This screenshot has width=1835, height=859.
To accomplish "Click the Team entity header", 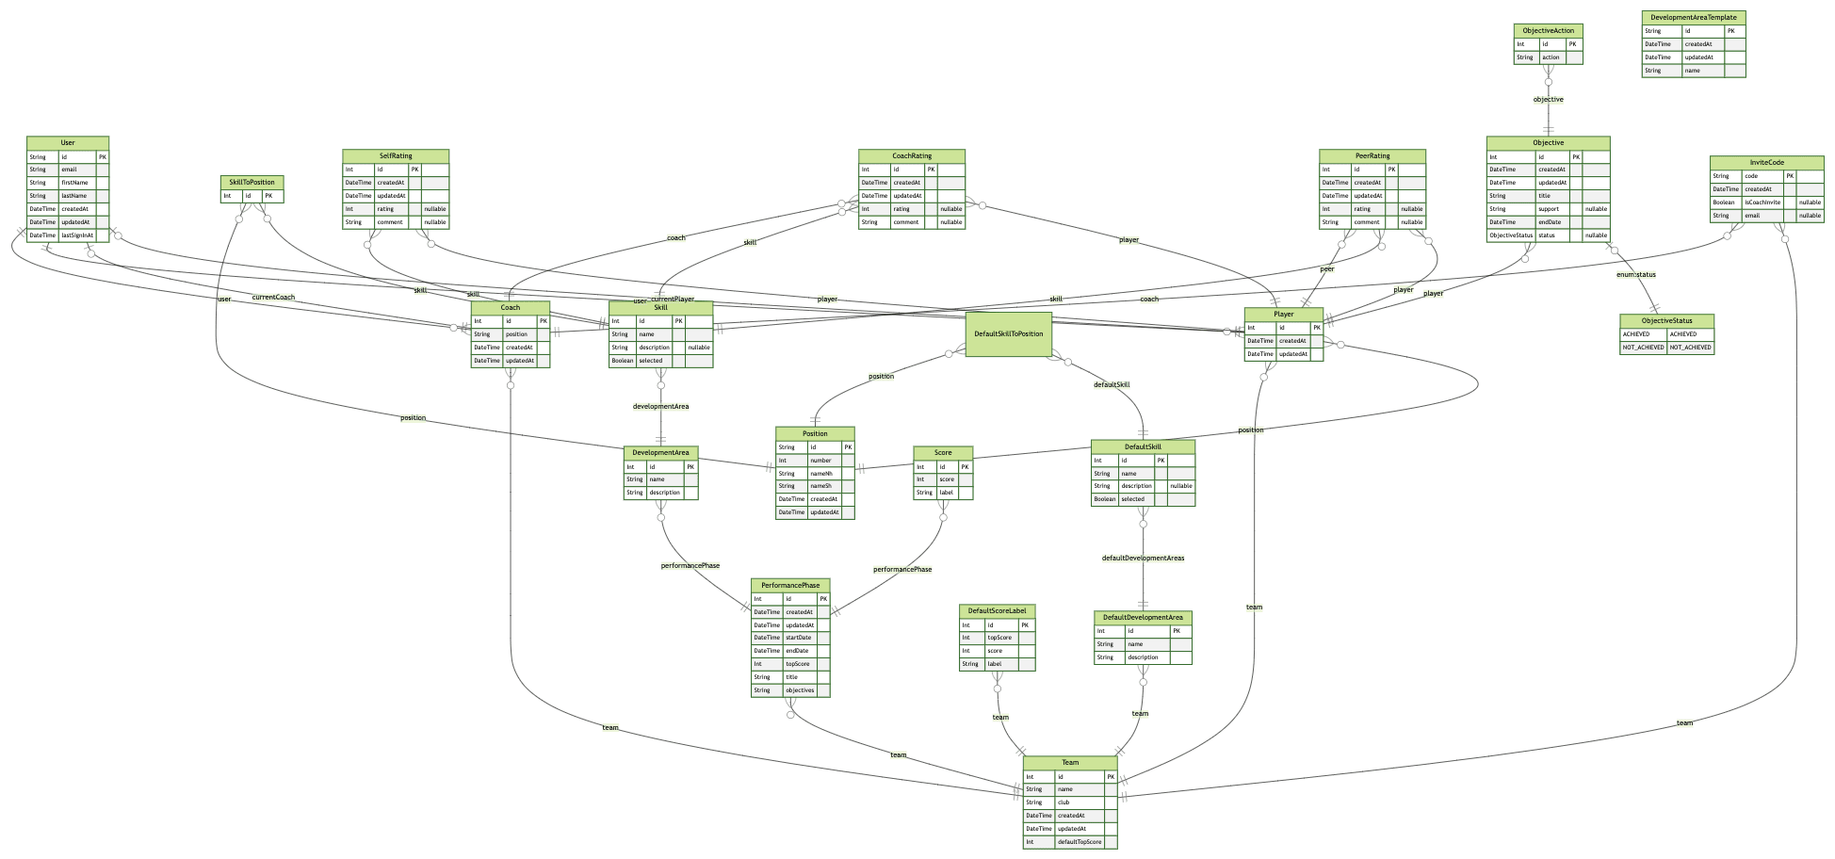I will pyautogui.click(x=1070, y=763).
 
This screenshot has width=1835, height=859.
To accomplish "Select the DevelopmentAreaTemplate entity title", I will pyautogui.click(x=1693, y=17).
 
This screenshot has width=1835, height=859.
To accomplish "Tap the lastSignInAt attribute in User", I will pyautogui.click(x=76, y=235).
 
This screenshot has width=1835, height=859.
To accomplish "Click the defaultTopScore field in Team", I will pyautogui.click(x=1079, y=842).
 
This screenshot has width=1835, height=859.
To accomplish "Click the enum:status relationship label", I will pyautogui.click(x=1631, y=274).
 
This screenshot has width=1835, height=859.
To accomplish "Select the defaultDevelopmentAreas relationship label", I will pyautogui.click(x=1143, y=559).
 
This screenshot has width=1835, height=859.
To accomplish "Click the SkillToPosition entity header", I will pyautogui.click(x=252, y=182).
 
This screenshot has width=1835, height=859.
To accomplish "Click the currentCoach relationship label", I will pyautogui.click(x=273, y=298).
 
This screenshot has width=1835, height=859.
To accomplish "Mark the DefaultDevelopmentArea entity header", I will pyautogui.click(x=1143, y=618).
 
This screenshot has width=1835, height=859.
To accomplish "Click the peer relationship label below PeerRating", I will pyautogui.click(x=1327, y=269).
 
